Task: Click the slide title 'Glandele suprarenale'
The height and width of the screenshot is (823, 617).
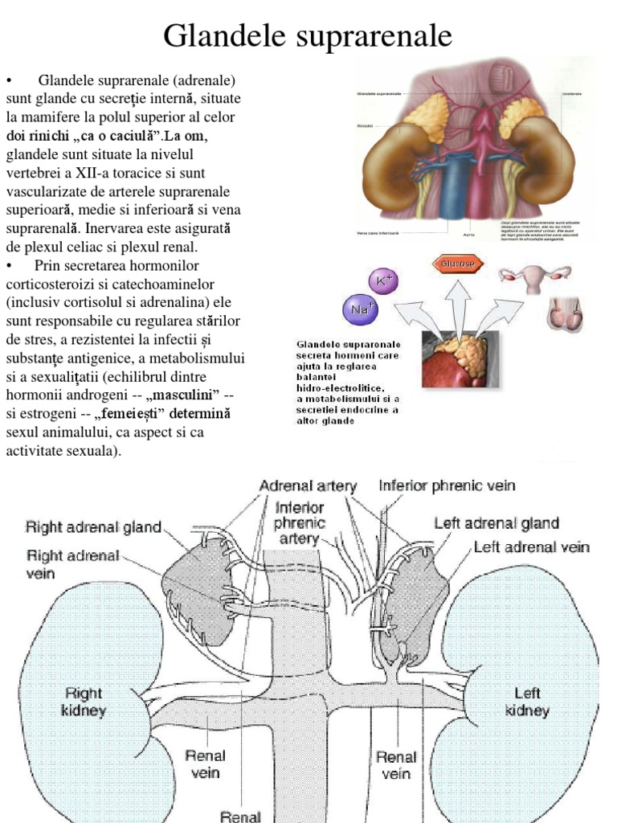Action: [308, 36]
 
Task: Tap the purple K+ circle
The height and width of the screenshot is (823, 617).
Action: [383, 280]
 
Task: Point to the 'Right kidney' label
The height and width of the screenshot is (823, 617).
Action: [84, 702]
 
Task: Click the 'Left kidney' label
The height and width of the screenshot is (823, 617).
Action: [527, 702]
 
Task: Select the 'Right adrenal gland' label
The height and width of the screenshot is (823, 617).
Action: [93, 528]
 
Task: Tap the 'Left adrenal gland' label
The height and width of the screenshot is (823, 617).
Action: [496, 523]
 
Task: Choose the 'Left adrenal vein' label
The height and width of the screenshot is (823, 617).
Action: [532, 547]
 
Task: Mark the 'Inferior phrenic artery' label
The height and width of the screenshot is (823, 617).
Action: [299, 523]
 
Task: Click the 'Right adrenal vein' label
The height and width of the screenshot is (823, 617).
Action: [73, 564]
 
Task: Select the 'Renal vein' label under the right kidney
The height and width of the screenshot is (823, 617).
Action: [206, 764]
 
